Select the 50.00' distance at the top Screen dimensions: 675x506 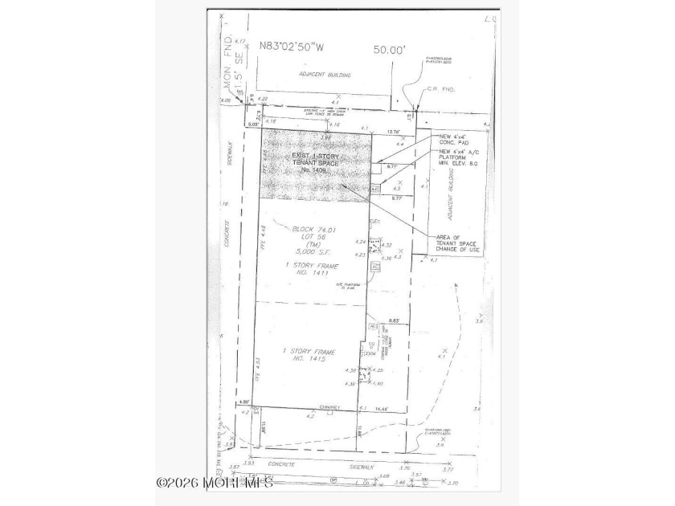click(391, 49)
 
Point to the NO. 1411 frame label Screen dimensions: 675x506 click(313, 272)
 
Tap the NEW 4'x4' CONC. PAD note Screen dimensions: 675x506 click(456, 141)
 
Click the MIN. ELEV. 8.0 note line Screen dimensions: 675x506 click(460, 164)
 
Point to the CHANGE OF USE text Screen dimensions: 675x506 click(460, 250)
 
